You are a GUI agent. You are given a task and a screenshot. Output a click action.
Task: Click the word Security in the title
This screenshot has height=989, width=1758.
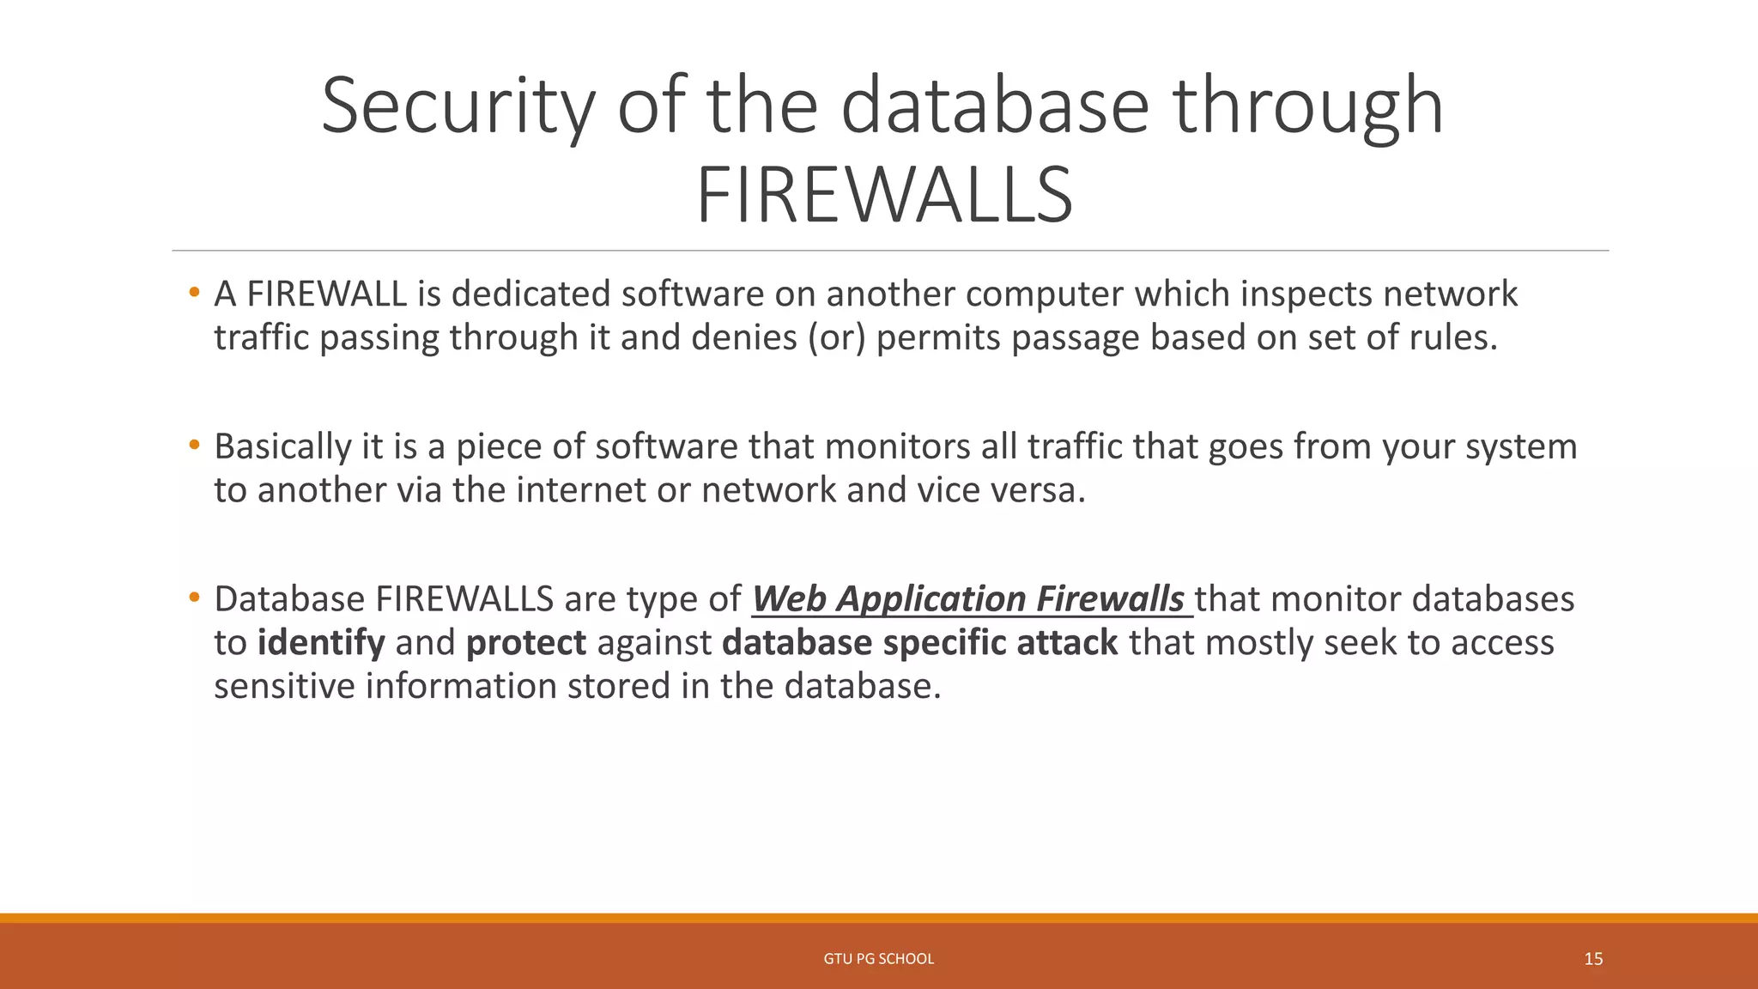[x=458, y=106]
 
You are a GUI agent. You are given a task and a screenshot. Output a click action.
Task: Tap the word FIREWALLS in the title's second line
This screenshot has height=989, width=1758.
[x=884, y=197]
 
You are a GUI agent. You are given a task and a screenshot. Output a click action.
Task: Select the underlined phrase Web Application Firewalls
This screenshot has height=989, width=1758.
[x=968, y=599]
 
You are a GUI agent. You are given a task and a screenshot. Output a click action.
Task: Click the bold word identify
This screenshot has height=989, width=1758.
[x=321, y=643]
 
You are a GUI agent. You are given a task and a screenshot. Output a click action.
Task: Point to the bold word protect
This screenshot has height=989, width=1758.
[x=525, y=643]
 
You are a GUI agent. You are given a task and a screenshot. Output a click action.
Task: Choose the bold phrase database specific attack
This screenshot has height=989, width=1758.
[x=919, y=643]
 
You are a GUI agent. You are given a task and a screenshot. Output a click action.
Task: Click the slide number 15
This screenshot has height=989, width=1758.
[x=1593, y=959]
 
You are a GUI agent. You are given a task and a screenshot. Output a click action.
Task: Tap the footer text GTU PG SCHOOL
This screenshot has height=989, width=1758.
[x=878, y=959]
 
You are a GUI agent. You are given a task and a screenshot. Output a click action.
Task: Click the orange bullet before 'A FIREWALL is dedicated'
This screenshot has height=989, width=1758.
[x=195, y=293]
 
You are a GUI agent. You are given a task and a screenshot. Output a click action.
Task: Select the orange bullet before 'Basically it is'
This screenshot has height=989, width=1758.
[x=195, y=446]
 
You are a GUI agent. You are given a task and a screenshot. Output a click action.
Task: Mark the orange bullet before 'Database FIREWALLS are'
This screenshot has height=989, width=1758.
[x=195, y=598]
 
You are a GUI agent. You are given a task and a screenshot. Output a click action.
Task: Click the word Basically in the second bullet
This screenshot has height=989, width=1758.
[x=282, y=447]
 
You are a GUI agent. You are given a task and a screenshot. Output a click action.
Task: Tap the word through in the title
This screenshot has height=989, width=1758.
[x=1307, y=106]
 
